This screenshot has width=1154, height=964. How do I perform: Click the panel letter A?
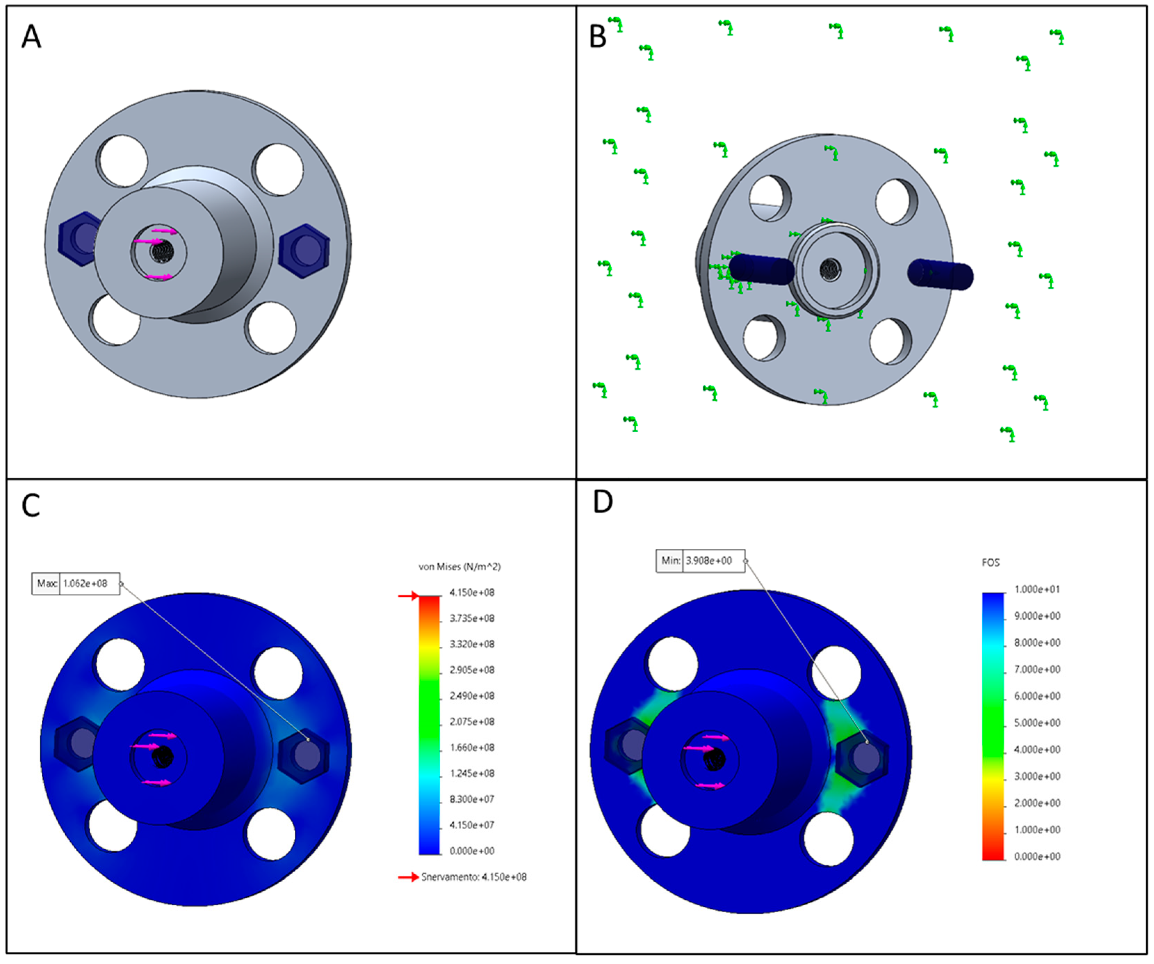31,38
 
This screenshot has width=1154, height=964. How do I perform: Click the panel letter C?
31,506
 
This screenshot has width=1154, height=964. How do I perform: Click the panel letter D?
603,502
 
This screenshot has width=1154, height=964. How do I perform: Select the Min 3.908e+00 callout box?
700,561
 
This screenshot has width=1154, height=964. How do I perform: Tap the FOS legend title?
990,563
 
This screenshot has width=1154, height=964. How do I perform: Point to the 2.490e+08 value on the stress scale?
472,696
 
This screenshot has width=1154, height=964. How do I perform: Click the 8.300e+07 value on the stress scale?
472,799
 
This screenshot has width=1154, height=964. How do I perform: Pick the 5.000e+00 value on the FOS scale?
1037,723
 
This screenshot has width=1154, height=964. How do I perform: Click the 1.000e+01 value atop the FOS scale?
1037,589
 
